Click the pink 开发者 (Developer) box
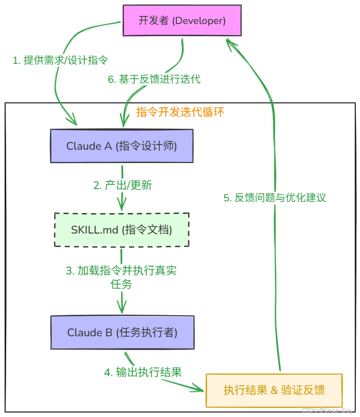(182, 20)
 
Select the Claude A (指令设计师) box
(122, 146)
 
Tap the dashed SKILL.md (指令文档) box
(122, 230)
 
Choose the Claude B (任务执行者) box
(122, 333)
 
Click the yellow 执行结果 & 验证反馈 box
(274, 390)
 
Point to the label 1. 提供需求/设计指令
(60, 60)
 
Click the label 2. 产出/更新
(123, 186)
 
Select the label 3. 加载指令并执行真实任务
(122, 277)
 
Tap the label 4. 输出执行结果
(143, 372)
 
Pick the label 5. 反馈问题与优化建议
(275, 198)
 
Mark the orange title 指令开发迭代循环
(180, 112)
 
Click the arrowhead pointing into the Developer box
(232, 44)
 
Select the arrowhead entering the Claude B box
(122, 308)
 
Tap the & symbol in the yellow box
(274, 390)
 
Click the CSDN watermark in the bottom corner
(327, 411)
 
